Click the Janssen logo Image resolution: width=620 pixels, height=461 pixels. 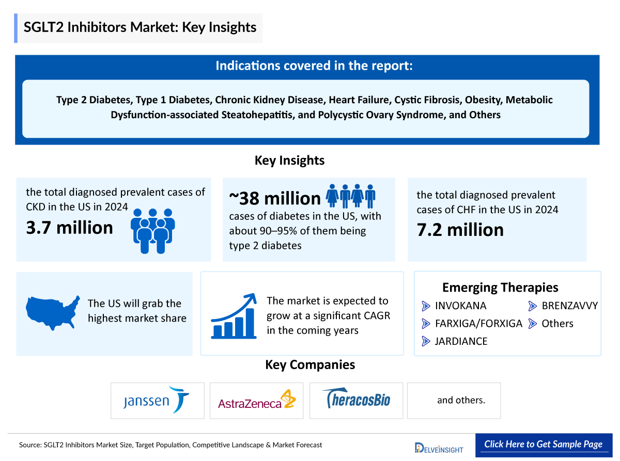coord(157,400)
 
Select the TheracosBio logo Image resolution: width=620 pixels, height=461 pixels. coord(357,399)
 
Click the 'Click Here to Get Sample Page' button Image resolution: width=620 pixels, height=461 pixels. coord(543,444)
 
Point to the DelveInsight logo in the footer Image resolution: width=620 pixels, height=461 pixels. coord(439,447)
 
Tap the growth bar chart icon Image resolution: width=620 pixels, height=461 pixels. coord(234,315)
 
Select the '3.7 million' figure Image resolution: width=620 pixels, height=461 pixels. coord(70,228)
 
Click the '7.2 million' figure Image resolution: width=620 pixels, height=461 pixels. coord(460,230)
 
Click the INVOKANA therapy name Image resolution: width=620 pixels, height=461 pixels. coord(460,306)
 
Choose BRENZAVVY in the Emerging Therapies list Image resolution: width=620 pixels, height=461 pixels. coord(569,306)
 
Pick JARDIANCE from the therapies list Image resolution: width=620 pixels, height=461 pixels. coord(461,341)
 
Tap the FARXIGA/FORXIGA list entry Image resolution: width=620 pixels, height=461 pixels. coord(478,324)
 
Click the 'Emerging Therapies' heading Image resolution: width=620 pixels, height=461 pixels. coord(500,288)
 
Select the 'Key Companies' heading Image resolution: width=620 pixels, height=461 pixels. coord(310,365)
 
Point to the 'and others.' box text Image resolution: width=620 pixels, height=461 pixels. coord(461,400)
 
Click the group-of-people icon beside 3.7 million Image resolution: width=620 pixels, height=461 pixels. coord(153,230)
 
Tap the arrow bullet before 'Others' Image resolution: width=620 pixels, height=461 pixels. coord(533,324)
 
